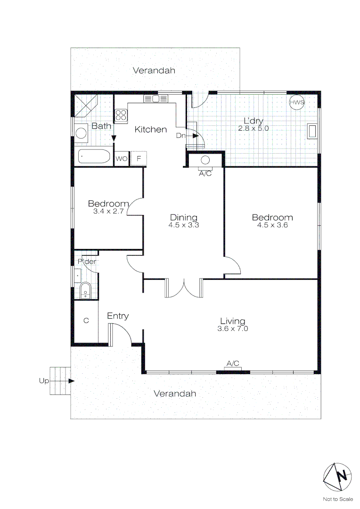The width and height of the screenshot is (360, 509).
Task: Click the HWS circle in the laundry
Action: point(297,102)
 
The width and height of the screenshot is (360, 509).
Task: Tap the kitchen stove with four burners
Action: point(121,115)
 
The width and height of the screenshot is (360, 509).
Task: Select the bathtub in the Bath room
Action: point(94,156)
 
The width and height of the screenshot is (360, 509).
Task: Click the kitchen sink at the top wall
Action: point(155,99)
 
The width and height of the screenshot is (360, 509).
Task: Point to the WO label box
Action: point(121,158)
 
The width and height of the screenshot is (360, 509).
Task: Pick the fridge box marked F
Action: point(139,158)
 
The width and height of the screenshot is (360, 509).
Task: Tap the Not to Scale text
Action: point(338,499)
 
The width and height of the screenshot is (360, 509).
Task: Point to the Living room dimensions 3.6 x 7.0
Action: point(233,328)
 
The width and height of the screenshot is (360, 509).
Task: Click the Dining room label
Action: point(184,217)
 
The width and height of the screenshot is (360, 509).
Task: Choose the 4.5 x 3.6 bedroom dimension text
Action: point(272,225)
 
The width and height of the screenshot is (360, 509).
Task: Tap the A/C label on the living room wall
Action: point(233,363)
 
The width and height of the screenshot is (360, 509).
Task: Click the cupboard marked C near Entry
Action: point(86,320)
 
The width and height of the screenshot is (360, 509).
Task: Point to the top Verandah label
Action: point(154,71)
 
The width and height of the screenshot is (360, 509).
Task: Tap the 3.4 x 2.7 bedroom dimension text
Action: point(108,212)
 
